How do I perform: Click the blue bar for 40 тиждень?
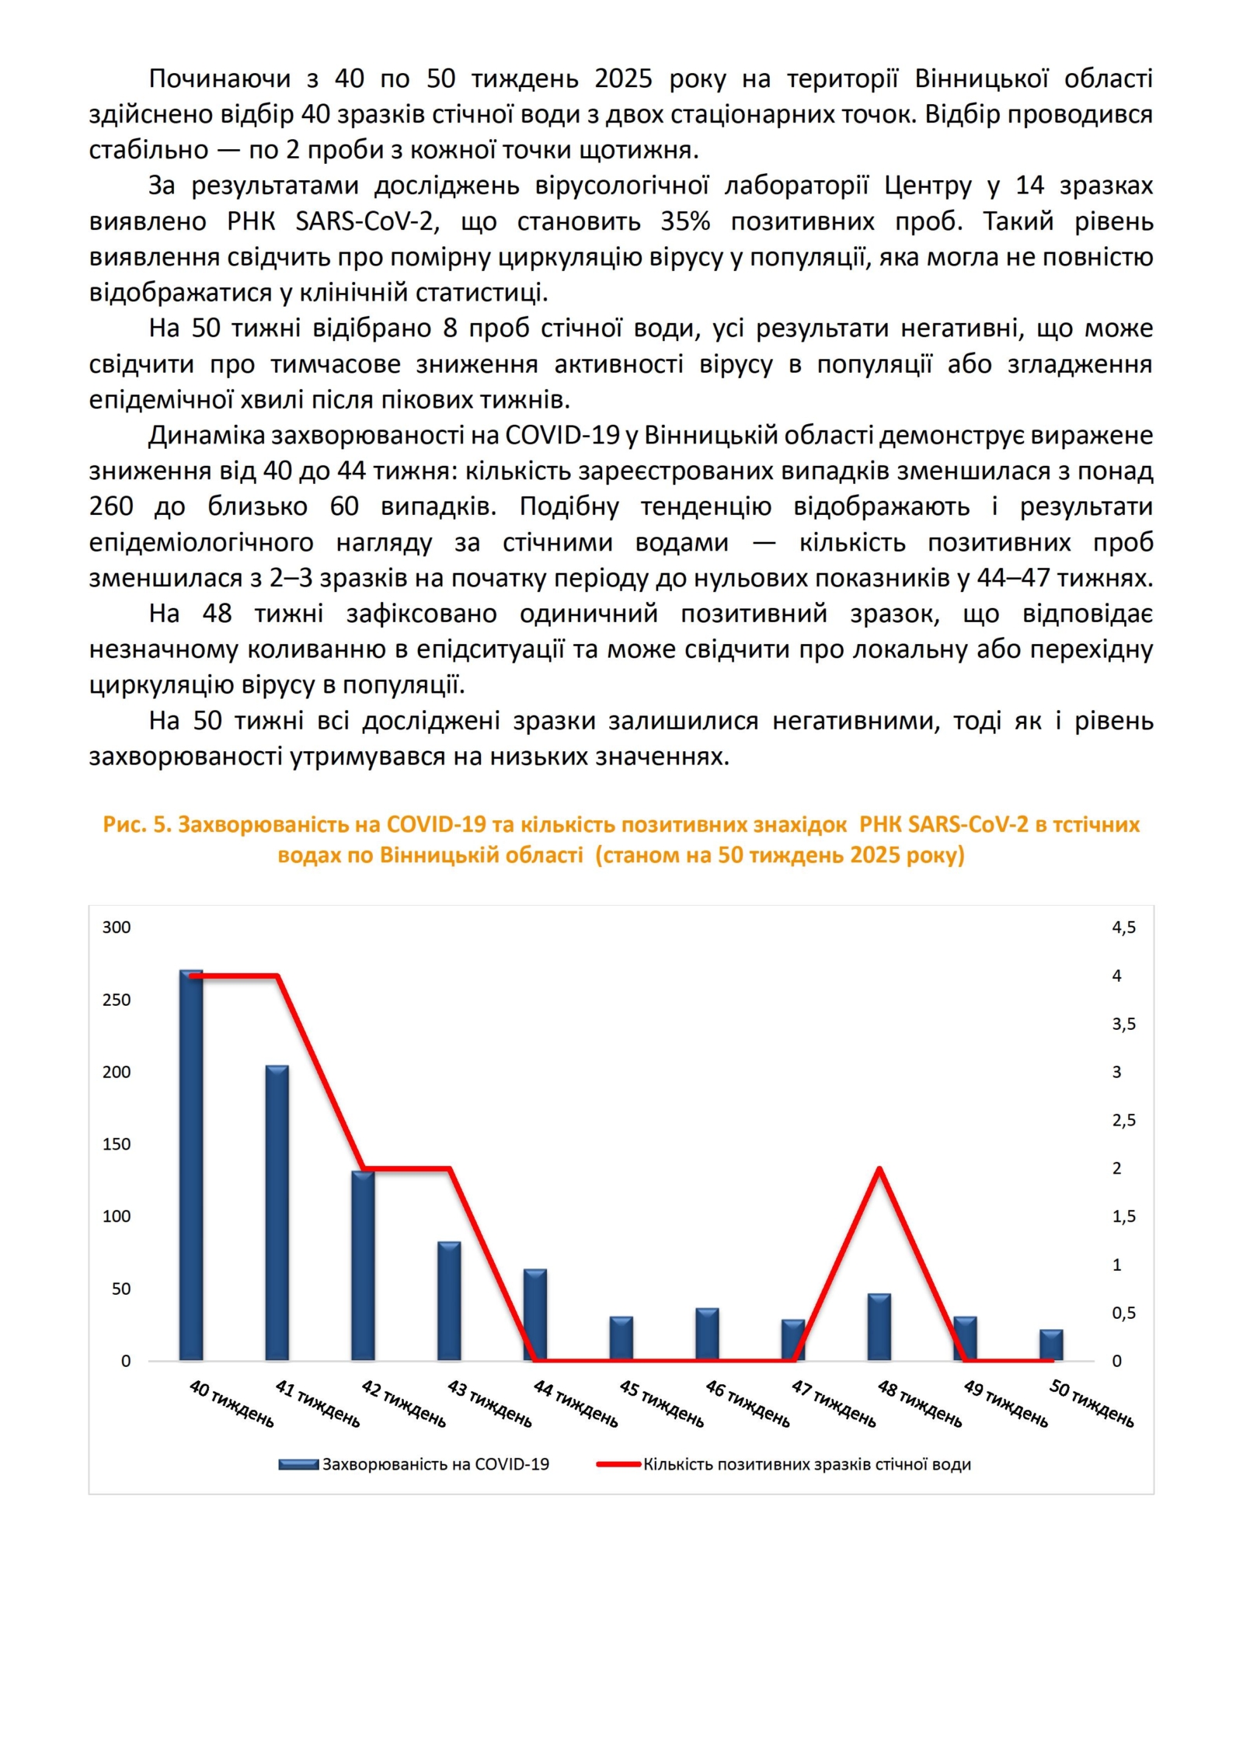[x=191, y=1165]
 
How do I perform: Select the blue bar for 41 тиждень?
[x=277, y=1213]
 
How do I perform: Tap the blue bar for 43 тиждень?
[x=449, y=1301]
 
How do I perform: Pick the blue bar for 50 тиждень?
[x=1051, y=1345]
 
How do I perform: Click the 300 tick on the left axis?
[x=117, y=927]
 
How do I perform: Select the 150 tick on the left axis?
[x=117, y=1144]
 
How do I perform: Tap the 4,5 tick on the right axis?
[x=1123, y=927]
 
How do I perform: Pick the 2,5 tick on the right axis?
[x=1123, y=1120]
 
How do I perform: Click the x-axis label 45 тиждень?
[x=661, y=1404]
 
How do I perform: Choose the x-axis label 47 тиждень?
[x=834, y=1404]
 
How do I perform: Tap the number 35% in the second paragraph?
[x=685, y=221]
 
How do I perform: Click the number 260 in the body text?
[x=111, y=506]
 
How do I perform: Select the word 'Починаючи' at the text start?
[x=220, y=78]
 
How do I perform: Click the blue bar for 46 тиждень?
[x=707, y=1334]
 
